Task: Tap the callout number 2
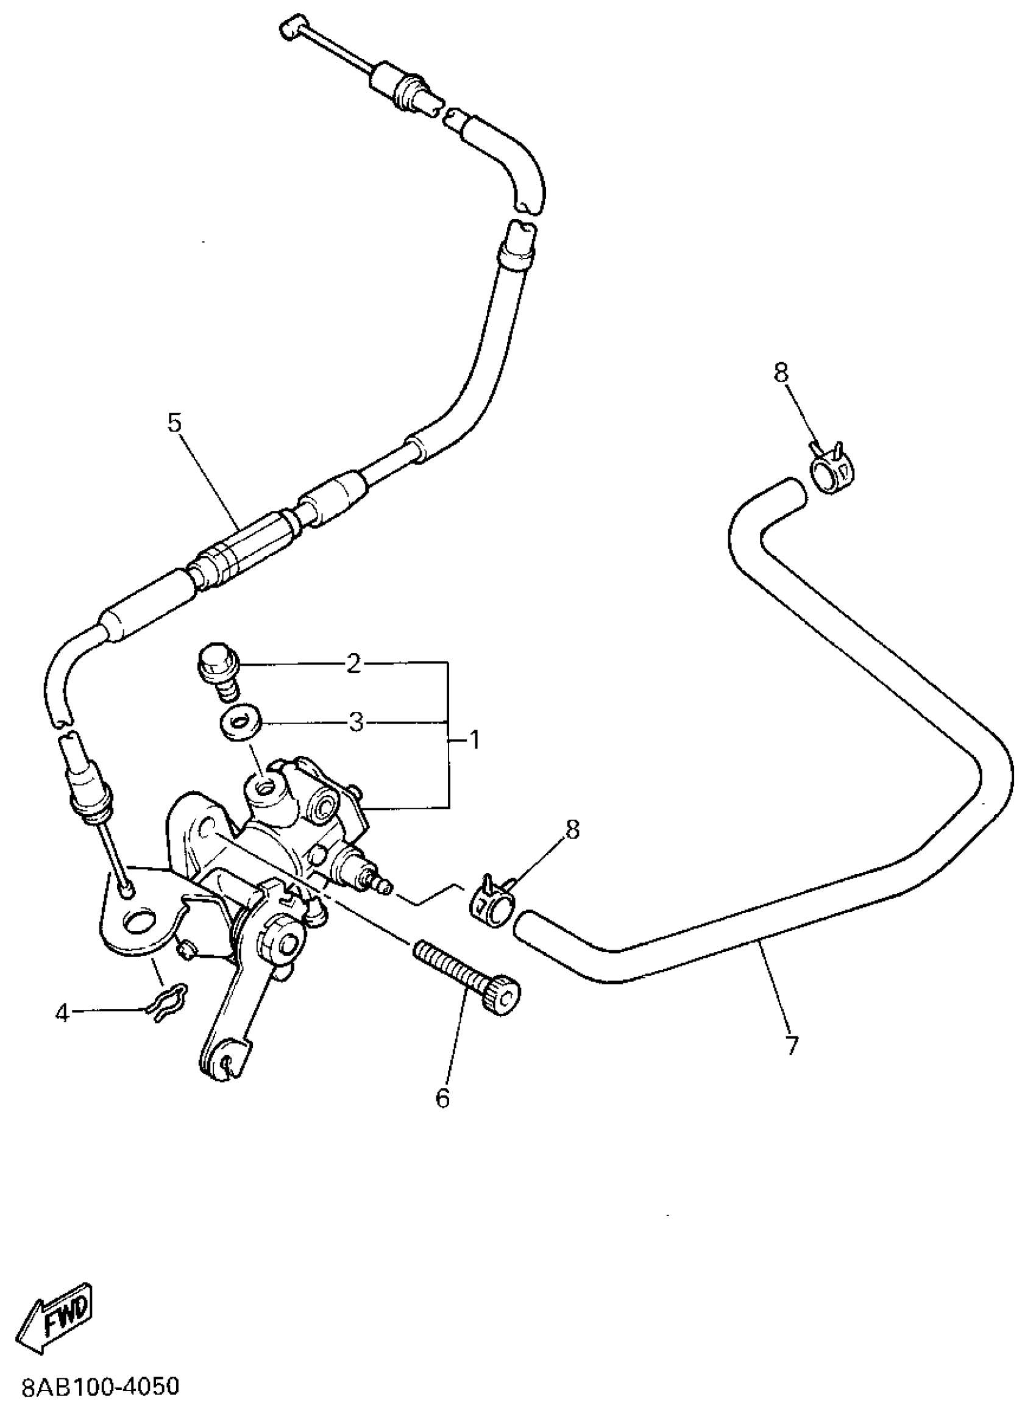click(x=354, y=664)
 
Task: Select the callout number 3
click(x=355, y=722)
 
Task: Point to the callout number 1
click(x=474, y=741)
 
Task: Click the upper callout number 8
click(x=780, y=374)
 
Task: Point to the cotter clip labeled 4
click(x=167, y=1005)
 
